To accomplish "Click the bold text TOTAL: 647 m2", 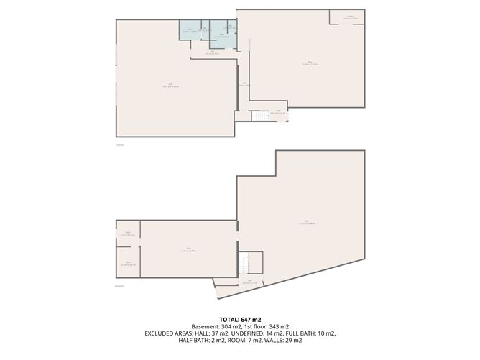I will (240, 318).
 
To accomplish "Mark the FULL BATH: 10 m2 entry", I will (315, 333).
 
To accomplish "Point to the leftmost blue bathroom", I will (189, 29).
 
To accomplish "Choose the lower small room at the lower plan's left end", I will (128, 264).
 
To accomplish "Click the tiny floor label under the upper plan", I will (120, 144).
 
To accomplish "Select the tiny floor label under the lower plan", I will (121, 285).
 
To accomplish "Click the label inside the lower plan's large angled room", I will (305, 222).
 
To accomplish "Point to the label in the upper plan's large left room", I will (170, 86).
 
